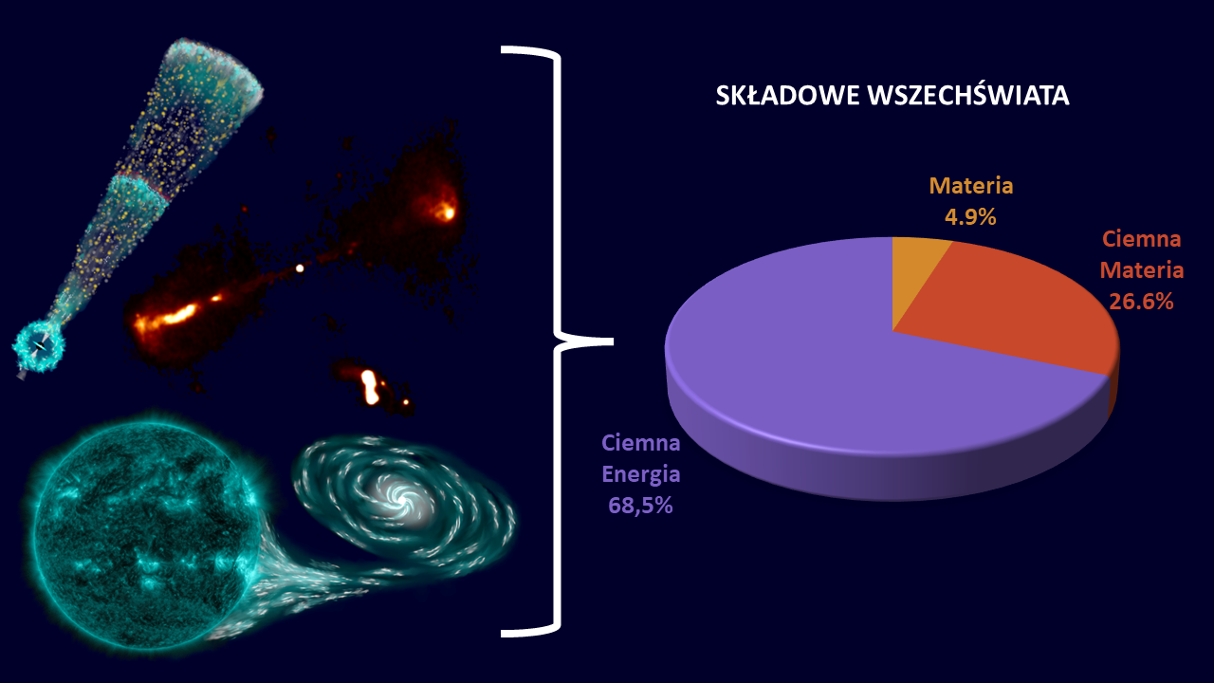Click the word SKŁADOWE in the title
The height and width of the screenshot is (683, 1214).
pos(787,96)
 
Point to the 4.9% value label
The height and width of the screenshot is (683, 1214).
pos(970,217)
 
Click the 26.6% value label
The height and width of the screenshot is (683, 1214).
pos(1141,302)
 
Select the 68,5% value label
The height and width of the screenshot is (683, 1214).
pos(640,506)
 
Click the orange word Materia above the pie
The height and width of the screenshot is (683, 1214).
pos(970,186)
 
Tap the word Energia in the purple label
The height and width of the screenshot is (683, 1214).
pos(640,475)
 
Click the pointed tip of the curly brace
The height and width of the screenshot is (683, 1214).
pos(612,341)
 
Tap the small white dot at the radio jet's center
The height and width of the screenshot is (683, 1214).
pos(299,268)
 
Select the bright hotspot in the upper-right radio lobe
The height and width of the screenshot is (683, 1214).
pos(448,212)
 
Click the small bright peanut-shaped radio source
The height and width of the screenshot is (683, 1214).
pos(371,387)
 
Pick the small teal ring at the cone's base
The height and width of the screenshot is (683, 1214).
pos(39,346)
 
